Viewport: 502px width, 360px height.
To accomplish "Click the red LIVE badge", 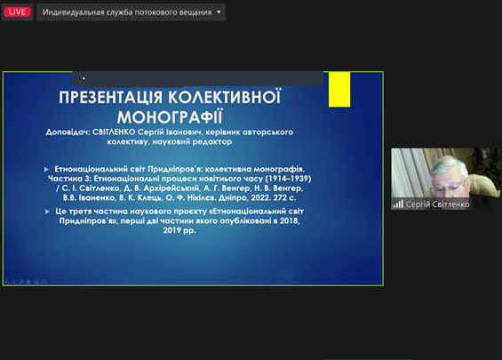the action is (x=17, y=12).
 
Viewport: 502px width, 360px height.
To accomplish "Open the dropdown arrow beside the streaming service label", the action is (x=219, y=12).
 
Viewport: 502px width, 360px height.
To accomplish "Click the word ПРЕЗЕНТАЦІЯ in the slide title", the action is (x=111, y=98).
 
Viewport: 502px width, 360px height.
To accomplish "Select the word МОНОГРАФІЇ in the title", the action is (x=170, y=117).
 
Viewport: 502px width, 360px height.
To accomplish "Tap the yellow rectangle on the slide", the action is (x=339, y=90).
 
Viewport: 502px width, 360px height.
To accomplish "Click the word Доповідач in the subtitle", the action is (x=68, y=132).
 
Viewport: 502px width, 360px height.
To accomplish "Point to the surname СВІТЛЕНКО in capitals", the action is (x=114, y=132).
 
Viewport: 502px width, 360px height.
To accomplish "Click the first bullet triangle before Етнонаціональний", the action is (x=47, y=169).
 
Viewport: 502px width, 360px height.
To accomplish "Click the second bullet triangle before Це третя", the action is (x=47, y=212).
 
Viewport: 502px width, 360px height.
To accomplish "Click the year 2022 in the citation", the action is (x=260, y=197).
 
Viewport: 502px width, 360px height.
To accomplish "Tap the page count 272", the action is (x=280, y=197).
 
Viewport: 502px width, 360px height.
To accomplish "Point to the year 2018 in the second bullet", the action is (x=289, y=220).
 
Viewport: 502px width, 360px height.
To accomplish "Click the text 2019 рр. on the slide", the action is (x=179, y=230).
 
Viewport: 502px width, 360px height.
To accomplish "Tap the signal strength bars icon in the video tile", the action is (x=398, y=204).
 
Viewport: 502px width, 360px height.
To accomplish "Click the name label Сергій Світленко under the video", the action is (x=438, y=204).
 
